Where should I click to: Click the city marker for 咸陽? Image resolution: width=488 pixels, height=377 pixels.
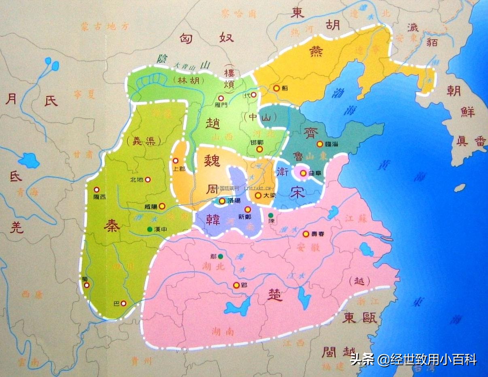tap(162, 206)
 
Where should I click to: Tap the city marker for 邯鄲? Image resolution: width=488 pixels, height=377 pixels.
tap(259, 149)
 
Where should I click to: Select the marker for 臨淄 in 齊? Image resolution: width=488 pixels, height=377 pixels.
tap(319, 144)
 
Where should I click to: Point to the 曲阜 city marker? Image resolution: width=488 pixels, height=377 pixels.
tap(303, 173)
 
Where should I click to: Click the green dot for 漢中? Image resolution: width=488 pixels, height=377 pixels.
tap(150, 229)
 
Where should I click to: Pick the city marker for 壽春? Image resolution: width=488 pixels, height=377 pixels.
tap(306, 234)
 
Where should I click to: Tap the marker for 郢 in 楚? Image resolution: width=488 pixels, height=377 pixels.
tap(236, 285)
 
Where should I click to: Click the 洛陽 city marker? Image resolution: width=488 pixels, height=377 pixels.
tap(222, 201)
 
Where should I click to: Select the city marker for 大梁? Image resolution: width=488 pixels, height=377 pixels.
tap(258, 195)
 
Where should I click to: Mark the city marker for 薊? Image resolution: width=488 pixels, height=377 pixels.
tap(276, 87)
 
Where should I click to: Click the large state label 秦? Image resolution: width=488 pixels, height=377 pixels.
tap(112, 226)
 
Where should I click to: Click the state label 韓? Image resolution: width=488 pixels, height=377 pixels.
tap(213, 220)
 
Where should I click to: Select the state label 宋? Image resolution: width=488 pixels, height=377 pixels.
tap(297, 193)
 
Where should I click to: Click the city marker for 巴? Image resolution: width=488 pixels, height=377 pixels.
tap(123, 303)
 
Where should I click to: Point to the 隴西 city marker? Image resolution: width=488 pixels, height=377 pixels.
tap(96, 189)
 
